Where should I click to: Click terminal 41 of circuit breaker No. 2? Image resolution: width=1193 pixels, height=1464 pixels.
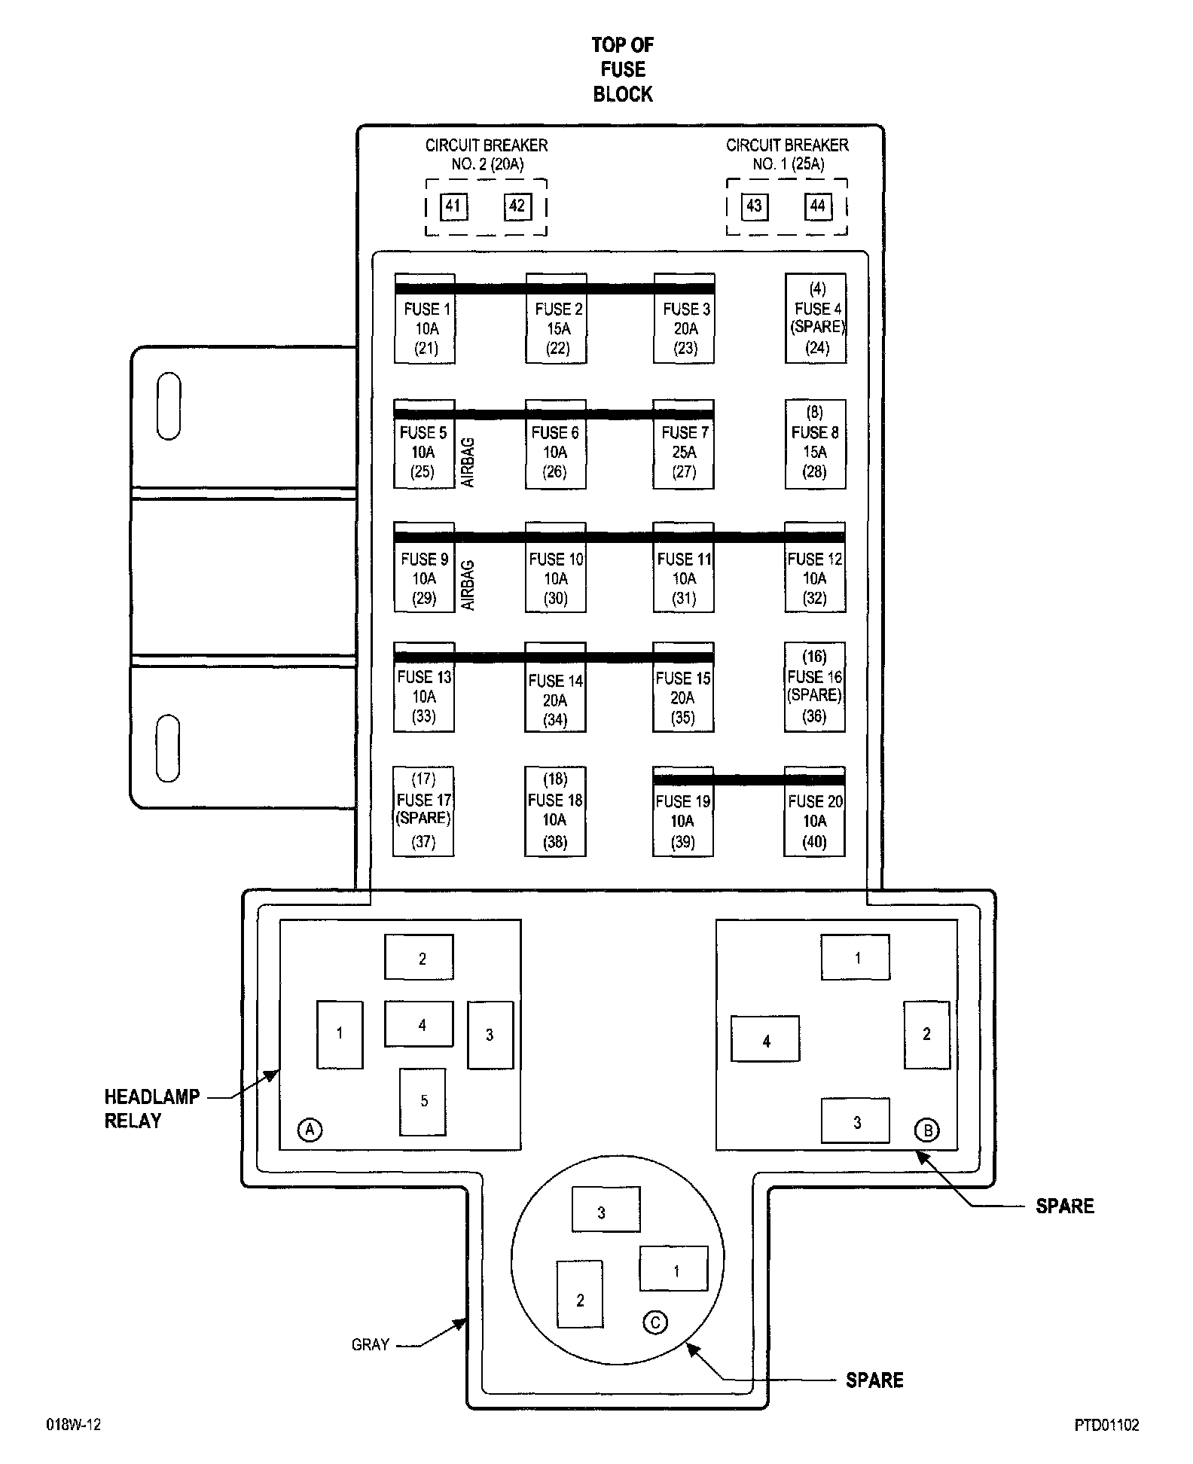point(453,206)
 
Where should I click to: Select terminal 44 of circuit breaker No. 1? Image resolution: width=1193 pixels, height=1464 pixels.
point(818,206)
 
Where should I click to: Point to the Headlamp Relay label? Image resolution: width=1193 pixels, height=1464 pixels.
point(153,1108)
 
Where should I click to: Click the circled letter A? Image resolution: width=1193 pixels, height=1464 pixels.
point(310,1129)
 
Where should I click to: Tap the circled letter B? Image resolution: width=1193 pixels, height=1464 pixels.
point(927,1130)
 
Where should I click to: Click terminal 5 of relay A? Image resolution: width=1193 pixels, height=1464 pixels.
point(423,1101)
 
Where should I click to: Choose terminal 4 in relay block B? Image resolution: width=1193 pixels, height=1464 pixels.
point(766,1040)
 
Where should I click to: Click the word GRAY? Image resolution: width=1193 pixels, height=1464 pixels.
point(371,1345)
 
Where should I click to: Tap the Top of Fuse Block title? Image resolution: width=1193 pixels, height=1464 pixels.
point(623,69)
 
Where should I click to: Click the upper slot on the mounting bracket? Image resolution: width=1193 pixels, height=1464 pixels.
point(169,405)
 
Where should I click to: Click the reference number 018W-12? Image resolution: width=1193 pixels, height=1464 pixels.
point(74,1425)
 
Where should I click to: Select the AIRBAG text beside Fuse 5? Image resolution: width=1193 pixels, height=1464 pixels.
point(468,462)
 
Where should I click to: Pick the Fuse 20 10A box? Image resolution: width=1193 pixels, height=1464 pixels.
point(815,821)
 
